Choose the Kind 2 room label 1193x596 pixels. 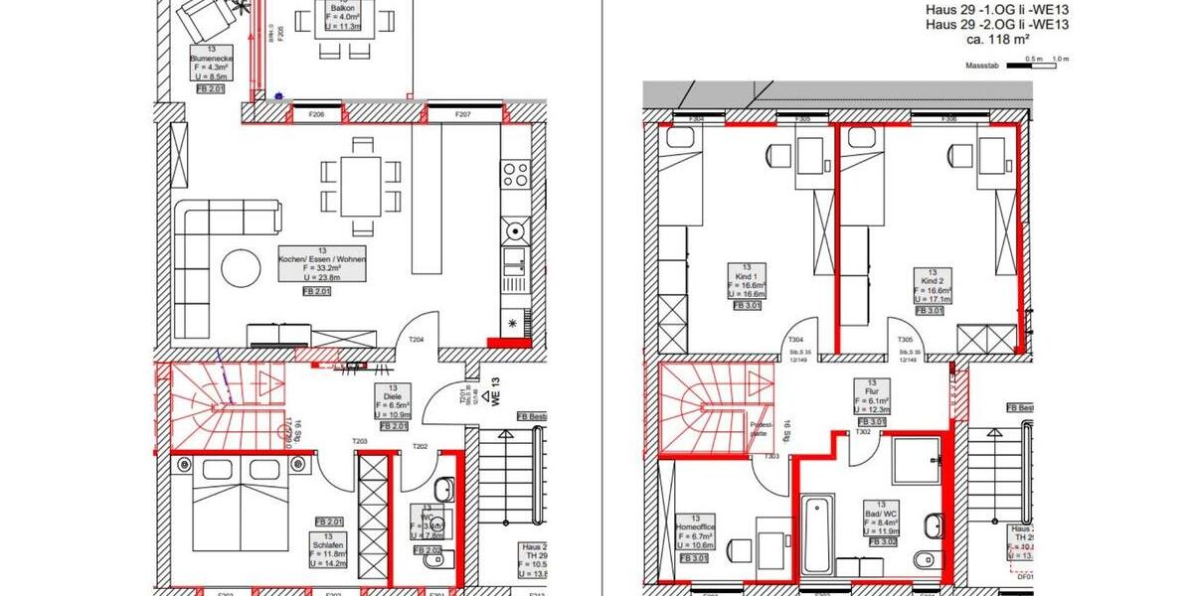click(x=930, y=286)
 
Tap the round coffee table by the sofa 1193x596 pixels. click(x=242, y=266)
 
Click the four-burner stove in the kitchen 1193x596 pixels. click(x=516, y=175)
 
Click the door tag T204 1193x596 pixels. click(x=417, y=341)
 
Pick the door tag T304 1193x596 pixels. click(x=795, y=339)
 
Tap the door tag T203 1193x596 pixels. click(x=360, y=442)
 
